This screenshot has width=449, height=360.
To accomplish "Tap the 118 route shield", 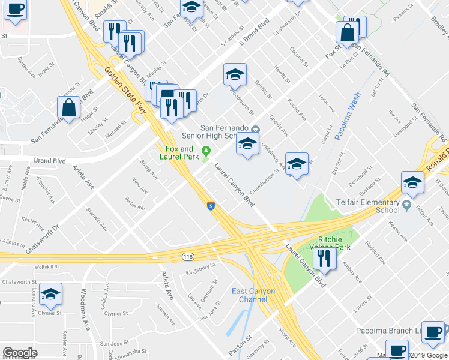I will pos(187,256).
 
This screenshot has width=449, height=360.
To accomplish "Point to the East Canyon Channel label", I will pos(253,295).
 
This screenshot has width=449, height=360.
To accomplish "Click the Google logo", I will pos(20,353).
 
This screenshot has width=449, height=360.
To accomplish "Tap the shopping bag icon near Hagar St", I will pos(69,108).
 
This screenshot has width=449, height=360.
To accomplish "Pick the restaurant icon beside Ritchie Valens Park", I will pos(325,258).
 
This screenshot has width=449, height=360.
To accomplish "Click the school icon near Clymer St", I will pos(51,294).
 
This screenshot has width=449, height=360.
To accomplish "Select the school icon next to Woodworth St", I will pos(235,74).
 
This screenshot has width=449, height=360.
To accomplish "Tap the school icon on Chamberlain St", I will pos(297,163).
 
